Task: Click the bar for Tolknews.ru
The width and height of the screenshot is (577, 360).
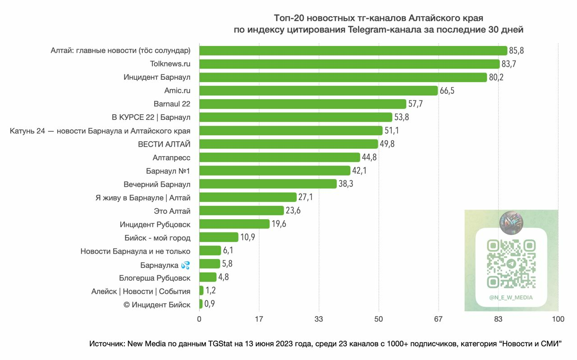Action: (x=349, y=64)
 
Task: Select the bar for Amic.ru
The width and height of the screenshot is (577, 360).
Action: (x=318, y=91)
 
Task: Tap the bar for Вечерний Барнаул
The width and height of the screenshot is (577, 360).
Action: (x=268, y=184)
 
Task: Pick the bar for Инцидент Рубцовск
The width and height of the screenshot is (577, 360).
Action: (x=234, y=224)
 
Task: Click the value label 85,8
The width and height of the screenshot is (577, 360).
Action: (x=517, y=51)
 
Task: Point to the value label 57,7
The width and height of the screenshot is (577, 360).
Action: (x=415, y=104)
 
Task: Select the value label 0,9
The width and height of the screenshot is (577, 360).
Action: (x=210, y=304)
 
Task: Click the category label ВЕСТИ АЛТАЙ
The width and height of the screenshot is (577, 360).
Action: (x=164, y=144)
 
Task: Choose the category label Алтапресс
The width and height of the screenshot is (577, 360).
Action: (x=171, y=158)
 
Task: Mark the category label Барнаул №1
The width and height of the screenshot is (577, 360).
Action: (x=168, y=171)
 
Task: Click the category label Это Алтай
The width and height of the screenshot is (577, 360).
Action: (x=172, y=211)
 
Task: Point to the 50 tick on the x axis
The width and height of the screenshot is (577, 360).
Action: (x=379, y=319)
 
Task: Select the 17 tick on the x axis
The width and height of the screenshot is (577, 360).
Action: (x=259, y=319)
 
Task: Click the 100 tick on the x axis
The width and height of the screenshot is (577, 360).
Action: (x=558, y=319)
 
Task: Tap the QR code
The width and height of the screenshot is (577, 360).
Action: (x=511, y=264)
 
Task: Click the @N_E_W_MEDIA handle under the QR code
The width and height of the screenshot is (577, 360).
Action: (x=511, y=297)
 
